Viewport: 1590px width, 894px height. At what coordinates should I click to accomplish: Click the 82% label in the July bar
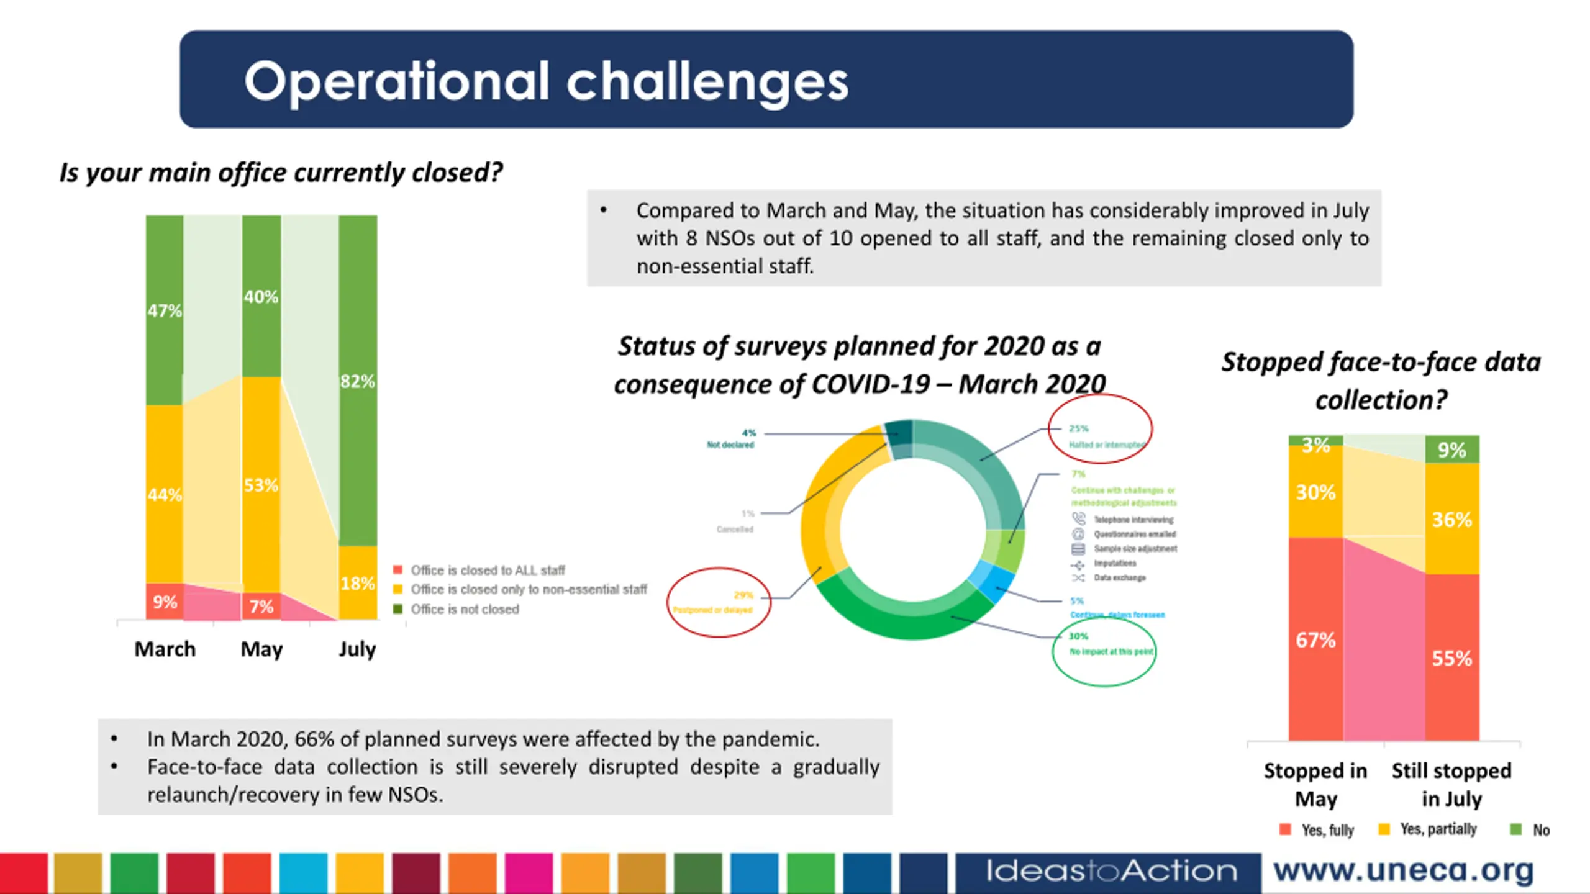click(358, 381)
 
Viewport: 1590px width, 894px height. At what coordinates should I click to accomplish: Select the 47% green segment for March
click(165, 310)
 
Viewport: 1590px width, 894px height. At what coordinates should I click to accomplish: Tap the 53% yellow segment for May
click(261, 485)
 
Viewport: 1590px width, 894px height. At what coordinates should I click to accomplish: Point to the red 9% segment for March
click(165, 602)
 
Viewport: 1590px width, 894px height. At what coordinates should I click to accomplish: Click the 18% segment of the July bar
click(358, 583)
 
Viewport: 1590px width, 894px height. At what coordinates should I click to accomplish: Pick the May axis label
click(261, 649)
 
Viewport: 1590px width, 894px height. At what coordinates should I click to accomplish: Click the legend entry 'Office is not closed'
click(465, 609)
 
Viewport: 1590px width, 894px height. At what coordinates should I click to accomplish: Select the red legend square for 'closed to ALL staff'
click(397, 570)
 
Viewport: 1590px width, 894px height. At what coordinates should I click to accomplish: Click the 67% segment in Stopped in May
click(1315, 639)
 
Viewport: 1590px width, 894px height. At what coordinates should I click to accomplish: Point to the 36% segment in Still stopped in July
click(1451, 519)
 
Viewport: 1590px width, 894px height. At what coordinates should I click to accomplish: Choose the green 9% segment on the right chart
click(1451, 449)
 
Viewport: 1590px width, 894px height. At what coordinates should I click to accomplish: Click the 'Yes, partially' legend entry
click(1438, 829)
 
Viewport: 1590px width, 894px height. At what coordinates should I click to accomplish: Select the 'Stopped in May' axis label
click(1315, 784)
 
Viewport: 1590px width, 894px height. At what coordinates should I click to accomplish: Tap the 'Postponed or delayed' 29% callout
click(719, 602)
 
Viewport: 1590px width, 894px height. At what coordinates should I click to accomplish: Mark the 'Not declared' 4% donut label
click(731, 439)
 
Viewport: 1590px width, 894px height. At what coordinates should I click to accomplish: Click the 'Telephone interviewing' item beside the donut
click(1133, 520)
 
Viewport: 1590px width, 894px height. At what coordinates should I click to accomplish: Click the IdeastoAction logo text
click(1111, 871)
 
